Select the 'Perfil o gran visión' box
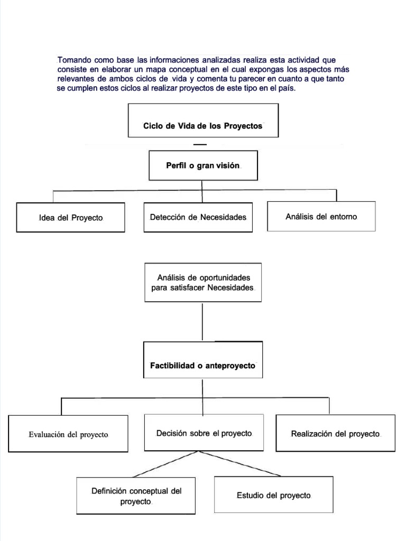tap(203, 166)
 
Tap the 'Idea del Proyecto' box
tap(70, 218)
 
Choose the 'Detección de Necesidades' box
tap(198, 217)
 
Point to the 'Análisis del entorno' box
tap(321, 216)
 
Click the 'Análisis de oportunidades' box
tap(203, 283)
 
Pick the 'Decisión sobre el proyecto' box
tap(204, 433)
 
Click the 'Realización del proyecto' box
tap(335, 433)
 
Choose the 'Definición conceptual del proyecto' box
tap(136, 496)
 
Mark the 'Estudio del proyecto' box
tap(273, 496)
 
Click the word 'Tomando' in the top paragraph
tap(75, 60)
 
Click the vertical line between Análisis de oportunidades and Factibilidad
tap(203, 321)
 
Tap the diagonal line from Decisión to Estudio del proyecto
tap(243, 463)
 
